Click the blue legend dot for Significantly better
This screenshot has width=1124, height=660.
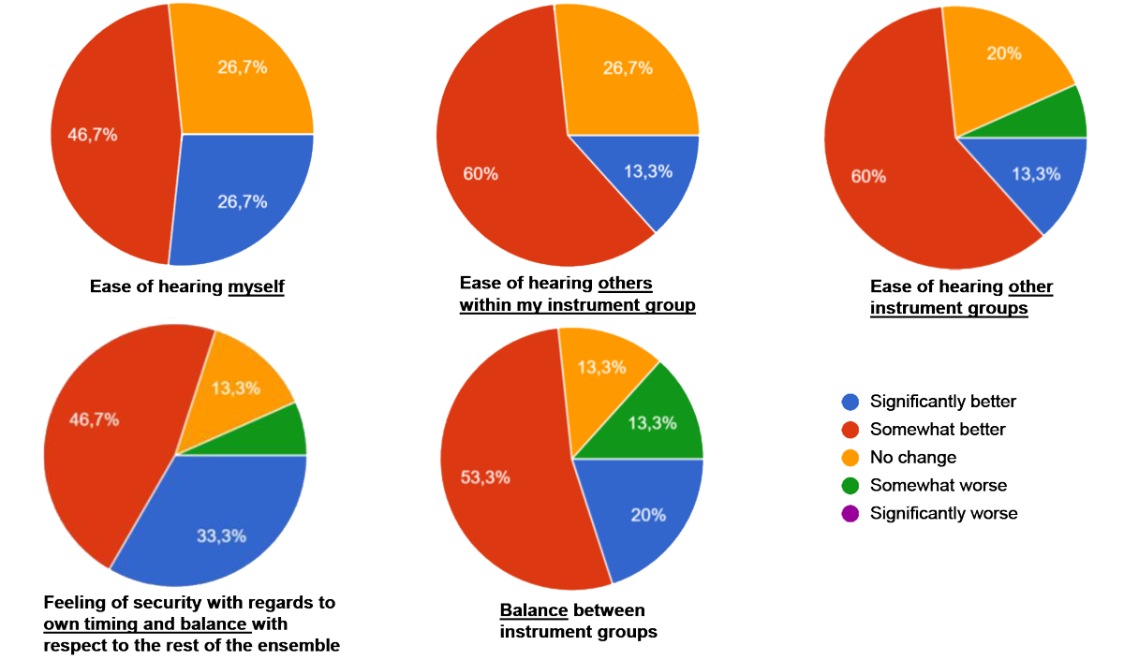click(x=850, y=402)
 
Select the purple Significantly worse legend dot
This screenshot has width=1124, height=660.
click(x=850, y=513)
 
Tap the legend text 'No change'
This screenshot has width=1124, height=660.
click(x=913, y=458)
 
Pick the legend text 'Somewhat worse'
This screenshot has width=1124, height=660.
click(x=937, y=485)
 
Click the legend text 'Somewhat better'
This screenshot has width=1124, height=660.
click(x=938, y=430)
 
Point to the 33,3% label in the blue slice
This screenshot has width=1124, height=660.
click(x=221, y=536)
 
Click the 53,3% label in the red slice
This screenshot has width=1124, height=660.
click(x=486, y=477)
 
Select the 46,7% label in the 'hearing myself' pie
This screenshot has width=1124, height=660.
click(x=92, y=135)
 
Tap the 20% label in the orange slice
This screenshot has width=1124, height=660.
click(x=1003, y=53)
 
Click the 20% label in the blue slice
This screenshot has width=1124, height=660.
click(x=648, y=515)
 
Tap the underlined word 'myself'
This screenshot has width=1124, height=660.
click(x=256, y=286)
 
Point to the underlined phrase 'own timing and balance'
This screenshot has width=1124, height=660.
click(x=146, y=624)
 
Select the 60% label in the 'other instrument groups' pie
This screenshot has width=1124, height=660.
click(x=868, y=176)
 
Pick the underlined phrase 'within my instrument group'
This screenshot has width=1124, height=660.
click(x=577, y=305)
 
